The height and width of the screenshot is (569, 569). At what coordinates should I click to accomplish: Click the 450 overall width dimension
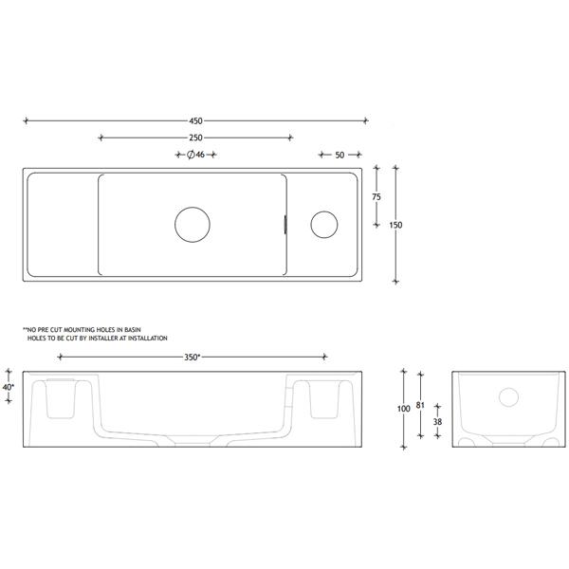pos(196,120)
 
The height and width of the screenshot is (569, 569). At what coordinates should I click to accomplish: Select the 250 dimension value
pos(196,138)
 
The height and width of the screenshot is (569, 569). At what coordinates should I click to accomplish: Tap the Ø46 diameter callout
pos(196,155)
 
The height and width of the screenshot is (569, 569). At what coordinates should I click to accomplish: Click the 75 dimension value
pos(376,196)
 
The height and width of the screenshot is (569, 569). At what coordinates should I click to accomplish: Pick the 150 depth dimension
pos(395,225)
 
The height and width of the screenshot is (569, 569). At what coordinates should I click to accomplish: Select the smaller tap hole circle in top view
pos(324,224)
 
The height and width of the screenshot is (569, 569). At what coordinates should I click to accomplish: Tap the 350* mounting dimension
pos(192,358)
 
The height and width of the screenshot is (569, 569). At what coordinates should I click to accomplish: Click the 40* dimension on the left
pos(9,387)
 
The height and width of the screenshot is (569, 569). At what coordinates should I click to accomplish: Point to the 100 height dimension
pos(404,408)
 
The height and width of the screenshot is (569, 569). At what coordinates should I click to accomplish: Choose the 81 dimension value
pos(421,402)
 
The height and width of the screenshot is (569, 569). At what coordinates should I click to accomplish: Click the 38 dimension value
pos(436,424)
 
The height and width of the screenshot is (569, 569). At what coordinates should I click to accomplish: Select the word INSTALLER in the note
pos(100,338)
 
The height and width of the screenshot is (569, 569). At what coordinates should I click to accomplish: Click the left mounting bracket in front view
pos(59,398)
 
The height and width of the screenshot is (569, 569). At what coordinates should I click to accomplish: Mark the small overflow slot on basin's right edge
pos(284,225)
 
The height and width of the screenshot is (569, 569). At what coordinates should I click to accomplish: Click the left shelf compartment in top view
pos(60,225)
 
